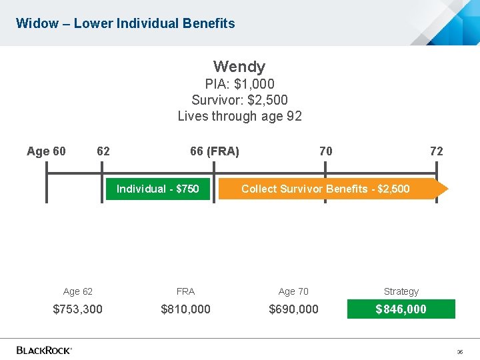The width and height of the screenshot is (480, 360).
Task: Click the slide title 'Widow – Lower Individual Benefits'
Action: point(125,23)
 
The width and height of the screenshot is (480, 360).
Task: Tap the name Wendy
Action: point(239,67)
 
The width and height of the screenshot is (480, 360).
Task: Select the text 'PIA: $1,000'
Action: point(239,84)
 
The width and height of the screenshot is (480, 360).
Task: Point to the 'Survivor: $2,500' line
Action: point(239,100)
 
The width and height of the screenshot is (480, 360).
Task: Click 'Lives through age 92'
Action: point(239,116)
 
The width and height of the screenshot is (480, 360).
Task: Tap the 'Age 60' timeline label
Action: point(46,151)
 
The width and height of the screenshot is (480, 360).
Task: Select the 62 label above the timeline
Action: point(103,151)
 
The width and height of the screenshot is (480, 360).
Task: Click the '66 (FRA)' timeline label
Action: point(214,151)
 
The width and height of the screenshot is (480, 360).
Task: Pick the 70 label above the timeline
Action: point(325,151)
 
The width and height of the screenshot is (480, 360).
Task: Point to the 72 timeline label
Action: point(436,151)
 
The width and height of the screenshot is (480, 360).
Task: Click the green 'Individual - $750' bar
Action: point(158,189)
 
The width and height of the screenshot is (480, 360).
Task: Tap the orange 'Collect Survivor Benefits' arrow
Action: point(333,189)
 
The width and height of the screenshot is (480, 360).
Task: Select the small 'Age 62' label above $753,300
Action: point(78,291)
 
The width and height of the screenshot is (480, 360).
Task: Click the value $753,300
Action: point(77,309)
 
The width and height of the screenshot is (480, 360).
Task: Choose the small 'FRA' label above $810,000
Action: point(185,291)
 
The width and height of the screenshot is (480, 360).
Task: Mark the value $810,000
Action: point(185,309)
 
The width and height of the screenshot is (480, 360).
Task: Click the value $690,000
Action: point(293,309)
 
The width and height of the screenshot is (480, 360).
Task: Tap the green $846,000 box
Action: point(401,309)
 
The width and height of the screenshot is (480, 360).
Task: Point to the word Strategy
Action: point(401,291)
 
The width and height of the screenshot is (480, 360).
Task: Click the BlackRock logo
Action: point(44,349)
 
